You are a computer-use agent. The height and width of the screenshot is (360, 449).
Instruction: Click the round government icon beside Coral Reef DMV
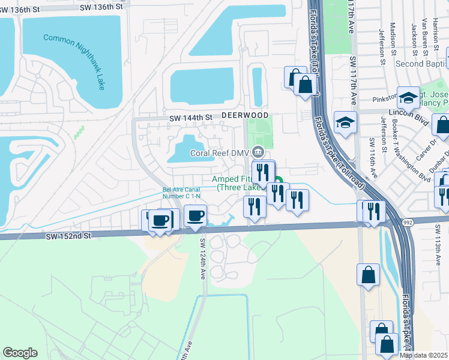(x=259, y=151)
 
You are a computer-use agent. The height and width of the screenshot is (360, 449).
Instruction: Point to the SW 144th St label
(x=191, y=118)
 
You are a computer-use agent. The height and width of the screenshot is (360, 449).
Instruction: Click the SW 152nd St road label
(x=68, y=236)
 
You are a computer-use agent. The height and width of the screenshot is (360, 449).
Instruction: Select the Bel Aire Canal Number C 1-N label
(x=184, y=194)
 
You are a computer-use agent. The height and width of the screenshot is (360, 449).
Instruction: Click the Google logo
(x=20, y=353)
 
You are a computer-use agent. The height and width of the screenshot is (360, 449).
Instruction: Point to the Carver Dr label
(x=431, y=147)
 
